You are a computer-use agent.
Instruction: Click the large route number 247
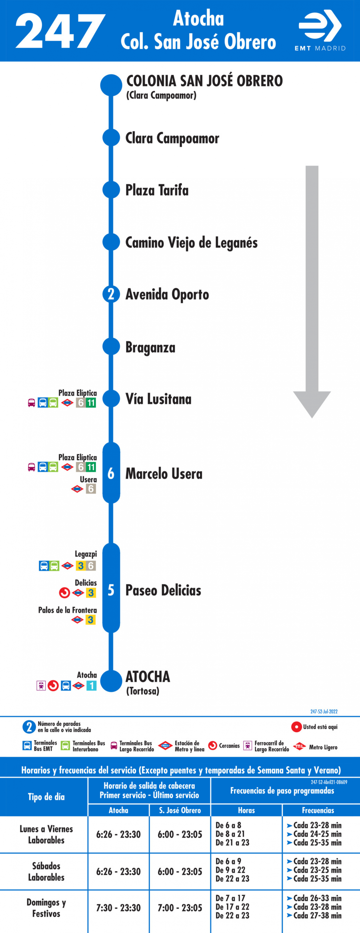(x=60, y=31)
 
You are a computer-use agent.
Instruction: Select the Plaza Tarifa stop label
(x=157, y=190)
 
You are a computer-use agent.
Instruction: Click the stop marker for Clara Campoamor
(x=111, y=138)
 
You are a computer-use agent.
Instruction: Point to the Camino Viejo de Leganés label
(x=191, y=243)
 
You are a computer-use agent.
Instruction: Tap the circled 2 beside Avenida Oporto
(x=111, y=294)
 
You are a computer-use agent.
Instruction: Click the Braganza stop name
(x=150, y=347)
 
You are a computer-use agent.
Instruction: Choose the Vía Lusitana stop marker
(x=111, y=399)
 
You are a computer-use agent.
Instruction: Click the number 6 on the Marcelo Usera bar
(x=111, y=473)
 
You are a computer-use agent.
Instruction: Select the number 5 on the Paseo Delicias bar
(x=111, y=590)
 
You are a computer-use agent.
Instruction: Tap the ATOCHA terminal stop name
(x=147, y=677)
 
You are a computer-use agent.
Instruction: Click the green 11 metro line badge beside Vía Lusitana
(x=91, y=403)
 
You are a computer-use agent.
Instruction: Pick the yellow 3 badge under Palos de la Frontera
(x=91, y=620)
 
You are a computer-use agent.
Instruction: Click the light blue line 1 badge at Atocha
(x=92, y=686)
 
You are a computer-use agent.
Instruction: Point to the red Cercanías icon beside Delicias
(x=65, y=593)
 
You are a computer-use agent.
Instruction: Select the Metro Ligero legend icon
(x=299, y=746)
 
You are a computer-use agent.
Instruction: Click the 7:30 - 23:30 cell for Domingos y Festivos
(x=118, y=908)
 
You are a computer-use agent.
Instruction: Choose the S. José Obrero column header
(x=180, y=810)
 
